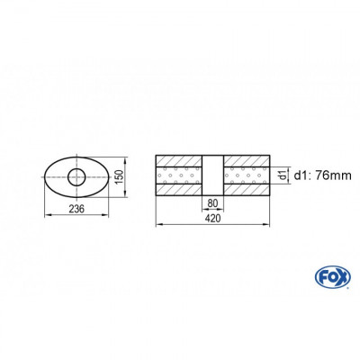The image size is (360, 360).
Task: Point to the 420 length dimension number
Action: click(x=213, y=229)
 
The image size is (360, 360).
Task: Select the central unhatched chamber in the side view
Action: click(x=213, y=177)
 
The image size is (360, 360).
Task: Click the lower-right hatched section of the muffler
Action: click(x=247, y=192)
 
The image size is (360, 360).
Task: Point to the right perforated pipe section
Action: click(x=247, y=176)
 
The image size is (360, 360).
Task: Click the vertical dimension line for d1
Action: click(x=274, y=176)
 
